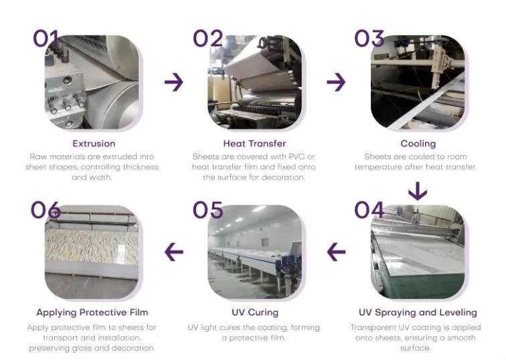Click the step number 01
(46, 38)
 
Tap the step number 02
(208, 38)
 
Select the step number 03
(369, 38)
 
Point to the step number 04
(369, 210)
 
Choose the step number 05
(208, 210)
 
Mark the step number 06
(46, 210)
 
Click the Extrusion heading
(94, 143)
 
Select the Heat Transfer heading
(254, 143)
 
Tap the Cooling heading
(418, 143)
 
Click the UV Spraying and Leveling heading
(418, 312)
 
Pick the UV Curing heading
(254, 312)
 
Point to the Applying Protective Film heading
(92, 312)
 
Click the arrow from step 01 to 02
(174, 82)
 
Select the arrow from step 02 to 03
(336, 82)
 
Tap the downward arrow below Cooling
(418, 191)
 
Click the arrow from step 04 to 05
(336, 252)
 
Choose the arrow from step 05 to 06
(174, 252)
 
